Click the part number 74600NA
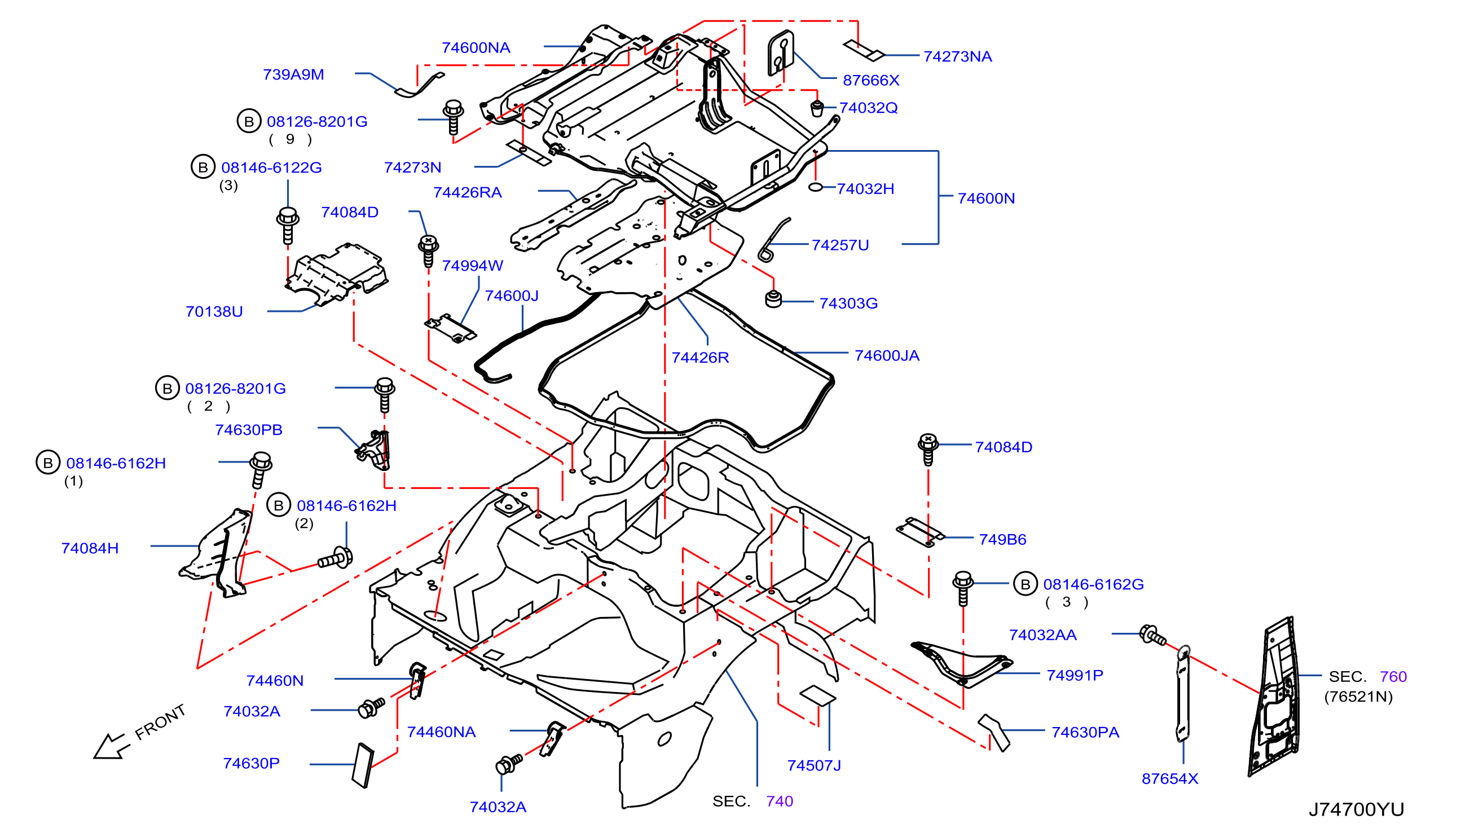tap(476, 48)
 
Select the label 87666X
tap(871, 81)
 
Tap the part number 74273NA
tap(957, 56)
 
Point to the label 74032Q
tap(869, 108)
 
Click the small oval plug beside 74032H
tap(816, 187)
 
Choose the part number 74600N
tap(986, 199)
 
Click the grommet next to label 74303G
tap(773, 299)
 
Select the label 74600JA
tap(887, 356)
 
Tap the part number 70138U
tap(214, 311)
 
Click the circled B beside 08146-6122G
tap(203, 168)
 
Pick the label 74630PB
tap(249, 430)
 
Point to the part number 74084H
tap(90, 548)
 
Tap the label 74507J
tap(814, 766)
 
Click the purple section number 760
tap(1393, 677)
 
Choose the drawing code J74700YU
tap(1357, 810)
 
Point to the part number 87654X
tap(1169, 779)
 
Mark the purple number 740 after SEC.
tap(780, 801)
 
